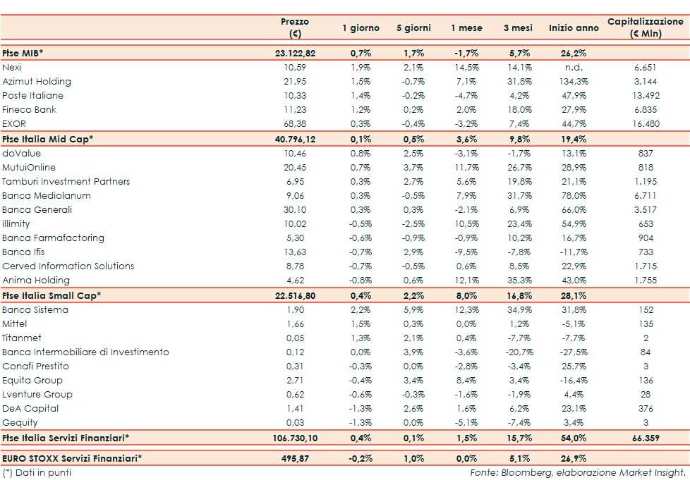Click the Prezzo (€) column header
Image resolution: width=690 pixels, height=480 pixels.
click(x=295, y=27)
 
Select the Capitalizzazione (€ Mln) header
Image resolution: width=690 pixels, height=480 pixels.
click(x=645, y=27)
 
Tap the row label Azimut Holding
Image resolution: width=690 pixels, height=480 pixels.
click(x=37, y=82)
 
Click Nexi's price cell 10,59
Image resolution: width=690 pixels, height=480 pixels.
click(x=295, y=68)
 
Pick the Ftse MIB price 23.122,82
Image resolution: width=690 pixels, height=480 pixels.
click(x=295, y=53)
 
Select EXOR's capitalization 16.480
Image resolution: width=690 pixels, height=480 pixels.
click(x=645, y=124)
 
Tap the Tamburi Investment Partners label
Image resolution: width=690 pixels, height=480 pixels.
click(x=66, y=182)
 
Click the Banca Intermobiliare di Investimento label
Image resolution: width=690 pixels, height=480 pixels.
click(x=85, y=352)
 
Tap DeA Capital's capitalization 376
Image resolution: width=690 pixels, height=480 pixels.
click(x=645, y=409)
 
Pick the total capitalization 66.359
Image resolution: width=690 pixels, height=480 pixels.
click(x=645, y=438)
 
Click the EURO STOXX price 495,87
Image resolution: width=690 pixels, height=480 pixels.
click(x=295, y=458)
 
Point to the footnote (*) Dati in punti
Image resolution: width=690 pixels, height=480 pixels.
click(x=37, y=472)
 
